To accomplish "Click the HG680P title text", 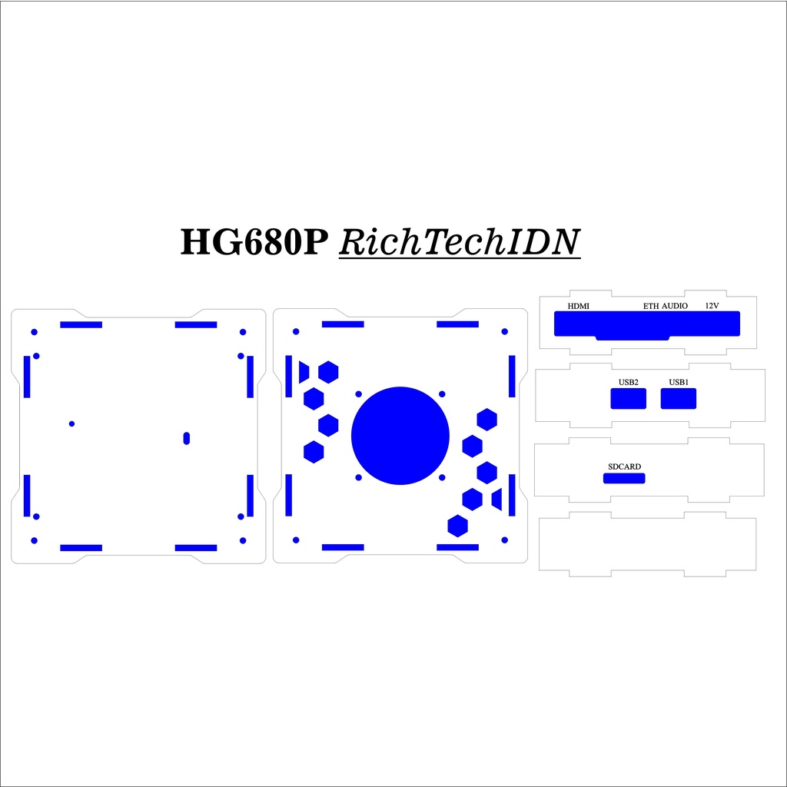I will [256, 242].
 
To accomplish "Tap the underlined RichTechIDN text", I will [459, 242].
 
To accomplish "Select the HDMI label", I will [578, 306].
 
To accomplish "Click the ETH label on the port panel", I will [651, 306].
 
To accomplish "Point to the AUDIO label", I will [675, 306].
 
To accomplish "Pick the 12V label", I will [712, 306].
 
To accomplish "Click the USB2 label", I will [629, 382].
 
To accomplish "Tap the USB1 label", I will [679, 382].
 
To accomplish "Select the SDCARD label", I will [624, 467].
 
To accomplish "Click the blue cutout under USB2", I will [629, 399].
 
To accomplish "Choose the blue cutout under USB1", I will [679, 399].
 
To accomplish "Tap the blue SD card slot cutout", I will [624, 479].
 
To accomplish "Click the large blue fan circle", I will [400, 436].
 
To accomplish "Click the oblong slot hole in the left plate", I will [186, 437].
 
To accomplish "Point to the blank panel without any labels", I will [647, 545].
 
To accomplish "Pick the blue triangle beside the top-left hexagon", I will [304, 372].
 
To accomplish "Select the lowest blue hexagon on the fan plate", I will [458, 526].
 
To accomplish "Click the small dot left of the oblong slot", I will [71, 423].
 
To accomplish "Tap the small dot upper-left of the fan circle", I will [359, 393].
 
